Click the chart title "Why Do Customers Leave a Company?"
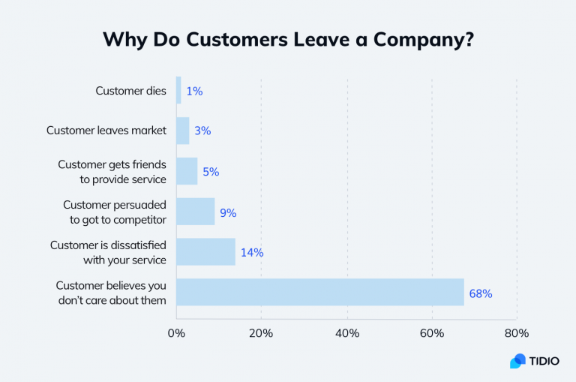288,39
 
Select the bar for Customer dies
178,91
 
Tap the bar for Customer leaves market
182,131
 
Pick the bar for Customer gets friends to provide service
187,170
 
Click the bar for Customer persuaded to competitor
195,212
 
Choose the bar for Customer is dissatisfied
205,252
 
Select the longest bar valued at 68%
320,293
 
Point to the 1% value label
194,92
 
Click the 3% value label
202,131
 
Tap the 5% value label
211,171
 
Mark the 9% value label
228,212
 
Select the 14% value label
252,253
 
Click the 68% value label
481,293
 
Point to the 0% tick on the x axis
176,333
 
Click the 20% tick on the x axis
261,333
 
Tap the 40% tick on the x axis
346,333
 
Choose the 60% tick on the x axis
432,333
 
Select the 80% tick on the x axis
517,333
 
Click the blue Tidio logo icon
517,361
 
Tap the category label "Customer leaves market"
106,131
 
